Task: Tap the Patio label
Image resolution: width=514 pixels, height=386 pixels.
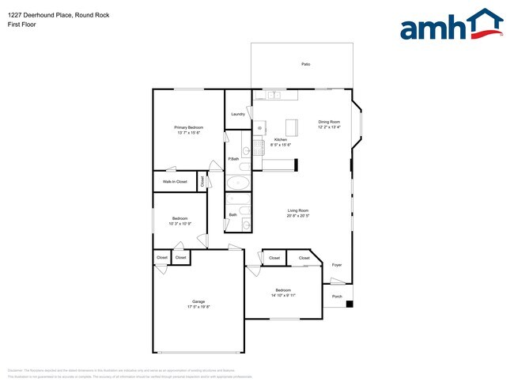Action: [x=305, y=64]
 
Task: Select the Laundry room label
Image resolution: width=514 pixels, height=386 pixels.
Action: [x=237, y=115]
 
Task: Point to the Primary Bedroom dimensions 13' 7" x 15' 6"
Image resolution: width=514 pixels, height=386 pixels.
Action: [x=189, y=133]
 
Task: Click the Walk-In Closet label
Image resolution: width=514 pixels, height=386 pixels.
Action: [x=175, y=182]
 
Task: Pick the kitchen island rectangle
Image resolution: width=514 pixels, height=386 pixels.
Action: [x=291, y=127]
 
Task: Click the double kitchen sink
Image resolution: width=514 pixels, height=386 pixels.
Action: [x=274, y=96]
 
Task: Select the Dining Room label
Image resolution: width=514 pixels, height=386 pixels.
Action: [x=329, y=122]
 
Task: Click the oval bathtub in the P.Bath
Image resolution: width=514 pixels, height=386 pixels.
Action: [x=237, y=184]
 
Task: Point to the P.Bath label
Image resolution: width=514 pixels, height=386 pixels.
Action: [x=233, y=159]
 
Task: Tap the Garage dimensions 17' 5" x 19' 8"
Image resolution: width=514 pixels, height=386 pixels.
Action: [x=198, y=307]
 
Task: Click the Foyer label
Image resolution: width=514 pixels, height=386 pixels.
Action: [x=337, y=265]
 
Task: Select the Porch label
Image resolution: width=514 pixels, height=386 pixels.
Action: [x=337, y=297]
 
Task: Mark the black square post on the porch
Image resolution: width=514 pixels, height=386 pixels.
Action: [x=350, y=304]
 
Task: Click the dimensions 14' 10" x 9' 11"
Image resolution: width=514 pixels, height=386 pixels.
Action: [x=283, y=295]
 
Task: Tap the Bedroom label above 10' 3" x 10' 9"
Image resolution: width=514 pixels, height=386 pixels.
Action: [x=180, y=218]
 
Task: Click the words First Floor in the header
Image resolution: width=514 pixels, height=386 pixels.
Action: [x=21, y=25]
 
